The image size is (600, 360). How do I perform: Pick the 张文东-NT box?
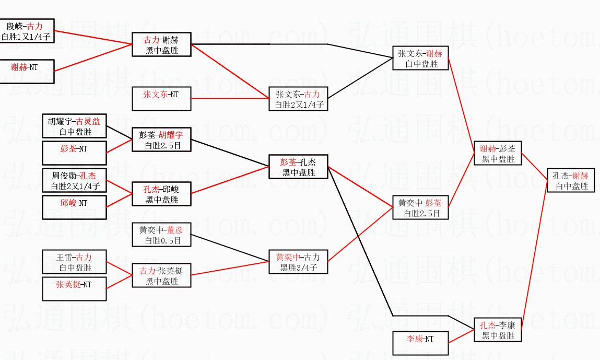tap(161, 98)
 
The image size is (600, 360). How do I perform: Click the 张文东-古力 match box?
tap(298, 99)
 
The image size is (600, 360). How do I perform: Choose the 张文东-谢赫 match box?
tap(420, 59)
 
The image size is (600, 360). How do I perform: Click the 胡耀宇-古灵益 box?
tap(74, 126)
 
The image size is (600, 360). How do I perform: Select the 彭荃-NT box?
tap(74, 153)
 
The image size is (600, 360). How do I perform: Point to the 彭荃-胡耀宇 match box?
tap(161, 140)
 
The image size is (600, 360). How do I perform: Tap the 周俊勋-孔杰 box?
tap(74, 180)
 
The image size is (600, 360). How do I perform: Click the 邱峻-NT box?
tap(74, 207)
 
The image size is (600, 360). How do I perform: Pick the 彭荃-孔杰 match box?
tap(298, 167)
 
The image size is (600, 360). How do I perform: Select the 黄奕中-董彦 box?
tap(161, 235)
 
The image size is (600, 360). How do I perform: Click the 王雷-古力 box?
tap(74, 262)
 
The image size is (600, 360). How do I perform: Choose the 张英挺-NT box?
tap(74, 289)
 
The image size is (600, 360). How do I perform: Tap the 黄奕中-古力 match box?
tap(298, 262)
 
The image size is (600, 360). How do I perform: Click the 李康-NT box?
tap(420, 343)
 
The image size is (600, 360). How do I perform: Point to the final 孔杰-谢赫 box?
tap(571, 180)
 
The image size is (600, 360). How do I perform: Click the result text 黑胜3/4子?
tap(298, 268)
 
